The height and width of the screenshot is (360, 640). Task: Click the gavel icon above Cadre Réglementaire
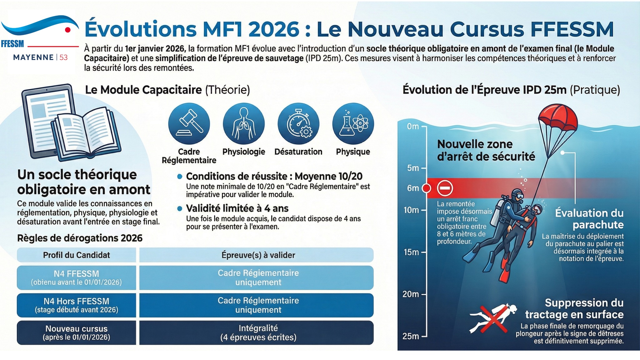tap(189, 123)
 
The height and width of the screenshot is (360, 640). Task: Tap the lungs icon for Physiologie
tap(244, 123)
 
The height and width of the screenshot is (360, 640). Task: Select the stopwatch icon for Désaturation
tap(298, 123)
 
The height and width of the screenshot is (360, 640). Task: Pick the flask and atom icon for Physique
tap(353, 123)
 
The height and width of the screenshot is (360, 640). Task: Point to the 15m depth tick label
tap(411, 252)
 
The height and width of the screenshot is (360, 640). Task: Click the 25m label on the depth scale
tap(411, 336)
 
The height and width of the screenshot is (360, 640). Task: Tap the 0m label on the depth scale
tap(412, 127)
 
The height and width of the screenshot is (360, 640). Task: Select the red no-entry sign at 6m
tap(445, 188)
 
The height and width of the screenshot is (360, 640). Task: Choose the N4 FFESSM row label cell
tap(77, 277)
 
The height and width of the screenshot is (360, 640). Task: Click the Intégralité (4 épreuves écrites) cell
tap(258, 332)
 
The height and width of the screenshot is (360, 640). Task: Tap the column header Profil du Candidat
tap(77, 255)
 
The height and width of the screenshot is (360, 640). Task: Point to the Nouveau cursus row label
tap(77, 332)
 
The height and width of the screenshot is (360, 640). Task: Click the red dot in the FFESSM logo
tap(67, 30)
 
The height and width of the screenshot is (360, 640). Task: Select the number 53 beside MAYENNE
tap(63, 57)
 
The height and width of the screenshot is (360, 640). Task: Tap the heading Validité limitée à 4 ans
tap(237, 208)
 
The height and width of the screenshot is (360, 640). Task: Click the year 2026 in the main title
tap(274, 29)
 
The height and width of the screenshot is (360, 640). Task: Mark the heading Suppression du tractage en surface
tap(574, 308)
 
